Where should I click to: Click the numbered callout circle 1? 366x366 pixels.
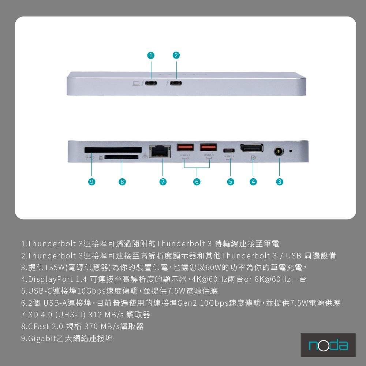pyautogui.click(x=150, y=55)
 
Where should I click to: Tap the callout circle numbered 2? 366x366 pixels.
pyautogui.click(x=176, y=55)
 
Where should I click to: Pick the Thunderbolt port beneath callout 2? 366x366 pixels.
pyautogui.click(x=176, y=83)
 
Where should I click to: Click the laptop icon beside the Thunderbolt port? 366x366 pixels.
pyautogui.click(x=136, y=83)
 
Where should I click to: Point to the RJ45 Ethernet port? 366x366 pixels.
pyautogui.click(x=160, y=151)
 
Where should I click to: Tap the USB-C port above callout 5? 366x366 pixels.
pyautogui.click(x=230, y=150)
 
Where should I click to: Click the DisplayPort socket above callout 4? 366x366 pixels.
pyautogui.click(x=251, y=148)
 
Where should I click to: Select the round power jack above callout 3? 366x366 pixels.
pyautogui.click(x=279, y=150)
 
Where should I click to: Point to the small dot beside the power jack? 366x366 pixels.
pyautogui.click(x=291, y=150)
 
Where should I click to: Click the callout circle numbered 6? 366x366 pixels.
pyautogui.click(x=197, y=182)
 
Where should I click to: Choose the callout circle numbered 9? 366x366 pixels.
pyautogui.click(x=91, y=182)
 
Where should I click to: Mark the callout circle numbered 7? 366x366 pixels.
pyautogui.click(x=163, y=182)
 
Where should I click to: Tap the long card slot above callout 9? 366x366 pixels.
pyautogui.click(x=113, y=149)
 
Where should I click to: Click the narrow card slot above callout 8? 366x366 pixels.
pyautogui.click(x=122, y=157)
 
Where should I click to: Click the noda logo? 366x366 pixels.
pyautogui.click(x=328, y=345)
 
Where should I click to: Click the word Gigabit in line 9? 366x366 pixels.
pyautogui.click(x=41, y=339)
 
